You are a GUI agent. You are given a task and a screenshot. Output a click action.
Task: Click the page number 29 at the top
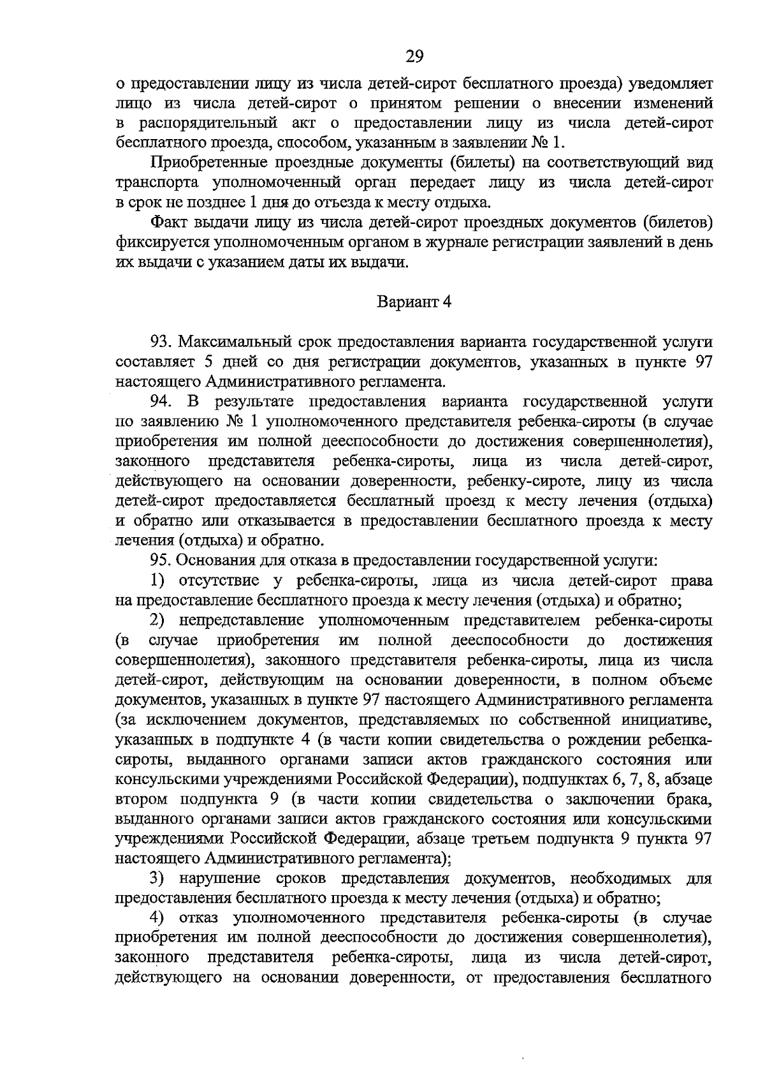point(414,57)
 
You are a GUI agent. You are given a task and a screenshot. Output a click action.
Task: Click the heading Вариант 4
point(414,301)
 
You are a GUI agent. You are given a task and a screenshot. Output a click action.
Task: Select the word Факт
point(169,223)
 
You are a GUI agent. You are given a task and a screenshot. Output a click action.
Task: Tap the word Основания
point(212,560)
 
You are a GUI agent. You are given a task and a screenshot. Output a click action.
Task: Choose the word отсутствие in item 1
point(222,581)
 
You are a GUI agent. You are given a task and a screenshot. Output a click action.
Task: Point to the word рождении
point(611,740)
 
